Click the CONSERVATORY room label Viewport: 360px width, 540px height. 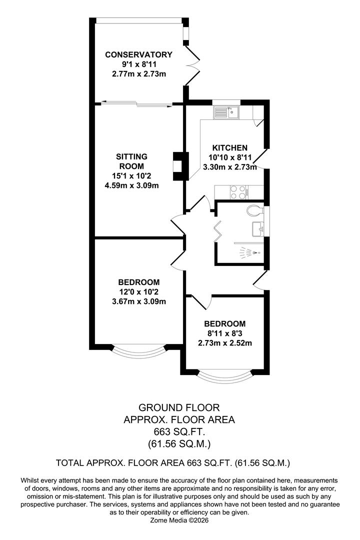[x=138, y=54]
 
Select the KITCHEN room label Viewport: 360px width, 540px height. [x=230, y=147]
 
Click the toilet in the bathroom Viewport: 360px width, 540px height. [x=254, y=210]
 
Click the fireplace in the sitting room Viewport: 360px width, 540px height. [x=178, y=166]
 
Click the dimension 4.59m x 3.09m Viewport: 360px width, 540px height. [x=135, y=185]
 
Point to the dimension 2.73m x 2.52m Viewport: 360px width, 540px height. [x=227, y=342]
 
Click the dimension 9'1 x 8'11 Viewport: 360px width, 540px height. [x=138, y=64]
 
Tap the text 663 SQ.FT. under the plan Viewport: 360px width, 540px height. [x=179, y=431]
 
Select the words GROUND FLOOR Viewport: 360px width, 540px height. [x=179, y=408]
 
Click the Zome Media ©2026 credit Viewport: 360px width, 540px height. [x=179, y=520]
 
